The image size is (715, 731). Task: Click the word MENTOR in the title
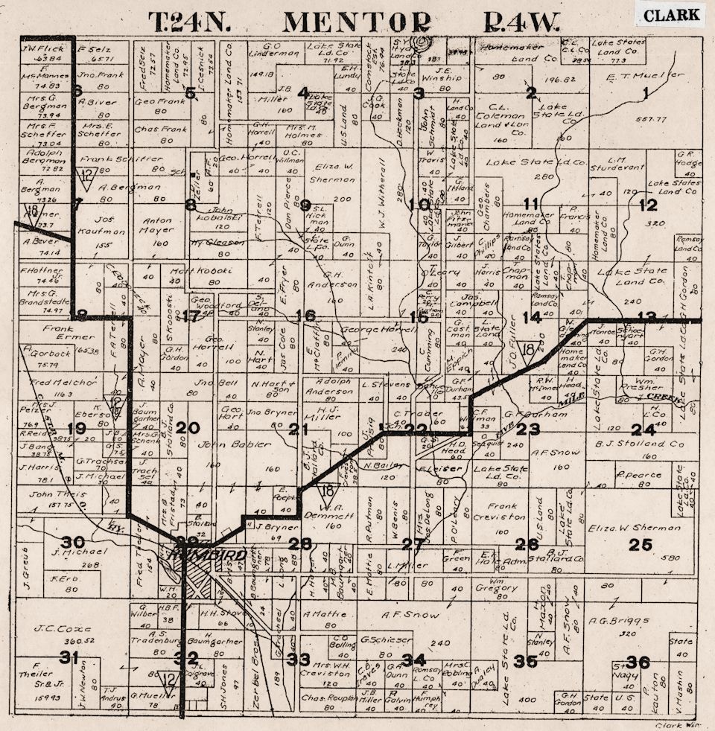point(356,22)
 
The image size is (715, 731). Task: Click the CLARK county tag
point(671,15)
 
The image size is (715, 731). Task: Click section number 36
point(638,662)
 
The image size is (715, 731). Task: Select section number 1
point(645,92)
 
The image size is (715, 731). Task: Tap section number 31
point(69,657)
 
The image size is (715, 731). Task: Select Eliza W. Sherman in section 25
point(633,528)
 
